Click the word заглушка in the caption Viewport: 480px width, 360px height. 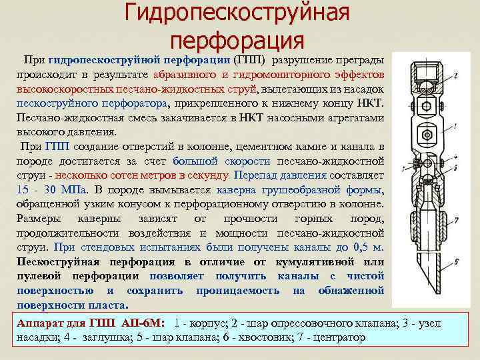coord(96,337)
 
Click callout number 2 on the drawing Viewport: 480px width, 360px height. coord(455,76)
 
